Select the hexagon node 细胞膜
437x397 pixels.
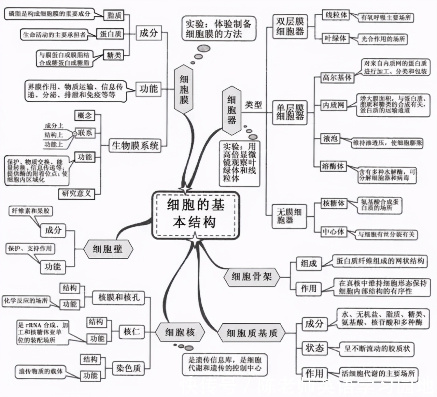tap(184, 89)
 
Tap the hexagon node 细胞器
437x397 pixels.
tap(232, 110)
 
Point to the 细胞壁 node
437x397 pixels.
tap(108, 249)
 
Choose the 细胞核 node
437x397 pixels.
tap(180, 332)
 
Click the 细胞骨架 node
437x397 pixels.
tap(252, 276)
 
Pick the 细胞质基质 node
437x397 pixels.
tap(252, 333)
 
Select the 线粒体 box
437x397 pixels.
tap(336, 15)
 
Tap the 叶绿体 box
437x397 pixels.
tap(335, 38)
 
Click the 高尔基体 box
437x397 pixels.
tap(337, 78)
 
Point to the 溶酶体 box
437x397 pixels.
tap(333, 166)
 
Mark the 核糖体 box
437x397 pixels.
tap(334, 204)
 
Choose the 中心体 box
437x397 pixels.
tap(334, 232)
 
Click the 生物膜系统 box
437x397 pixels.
tap(135, 146)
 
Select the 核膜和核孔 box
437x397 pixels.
tap(119, 297)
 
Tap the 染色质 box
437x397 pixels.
tap(128, 368)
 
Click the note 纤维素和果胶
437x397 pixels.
tap(30, 211)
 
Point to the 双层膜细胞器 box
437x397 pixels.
tap(290, 26)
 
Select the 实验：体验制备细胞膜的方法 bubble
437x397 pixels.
tap(218, 29)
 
